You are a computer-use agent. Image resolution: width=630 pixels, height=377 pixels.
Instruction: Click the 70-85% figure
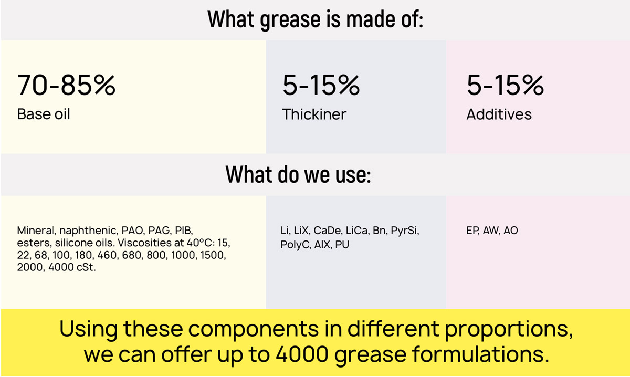(66, 85)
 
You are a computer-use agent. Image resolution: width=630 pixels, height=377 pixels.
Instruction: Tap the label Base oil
(44, 114)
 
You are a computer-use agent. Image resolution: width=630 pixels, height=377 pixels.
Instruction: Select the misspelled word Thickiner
(314, 114)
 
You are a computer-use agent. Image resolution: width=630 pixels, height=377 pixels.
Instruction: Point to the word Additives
(499, 114)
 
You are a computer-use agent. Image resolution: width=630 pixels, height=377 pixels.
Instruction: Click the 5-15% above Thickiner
(321, 85)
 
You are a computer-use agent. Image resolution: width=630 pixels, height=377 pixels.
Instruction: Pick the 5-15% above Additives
(505, 85)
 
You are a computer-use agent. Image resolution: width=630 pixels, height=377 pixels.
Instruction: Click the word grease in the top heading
(290, 20)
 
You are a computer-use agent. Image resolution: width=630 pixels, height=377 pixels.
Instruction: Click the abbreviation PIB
(184, 231)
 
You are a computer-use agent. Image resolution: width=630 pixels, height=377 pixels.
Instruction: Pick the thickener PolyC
(296, 245)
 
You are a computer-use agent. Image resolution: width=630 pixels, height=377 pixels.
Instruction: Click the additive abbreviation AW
(491, 231)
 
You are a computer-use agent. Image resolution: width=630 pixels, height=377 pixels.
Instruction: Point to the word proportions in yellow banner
(509, 329)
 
